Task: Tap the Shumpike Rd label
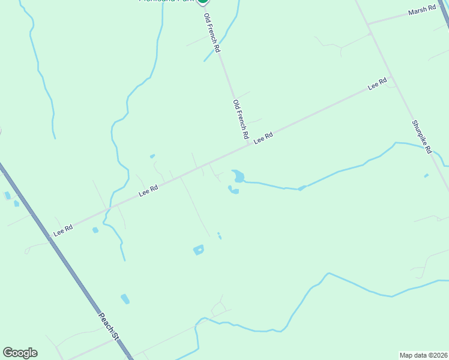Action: (x=421, y=137)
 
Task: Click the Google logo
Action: (x=20, y=353)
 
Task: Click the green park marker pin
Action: (x=203, y=2)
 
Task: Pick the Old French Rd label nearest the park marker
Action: (x=212, y=32)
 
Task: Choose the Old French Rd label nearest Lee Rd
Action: (x=241, y=120)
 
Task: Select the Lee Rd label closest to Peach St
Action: (x=62, y=229)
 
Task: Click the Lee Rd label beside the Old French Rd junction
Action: (x=263, y=137)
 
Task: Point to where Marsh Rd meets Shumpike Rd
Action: (x=367, y=24)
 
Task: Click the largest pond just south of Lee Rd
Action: (x=239, y=176)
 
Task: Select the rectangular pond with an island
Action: (x=198, y=250)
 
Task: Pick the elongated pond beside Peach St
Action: (x=125, y=298)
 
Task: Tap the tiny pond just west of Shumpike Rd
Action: (x=426, y=176)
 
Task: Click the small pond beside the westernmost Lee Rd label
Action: (x=95, y=230)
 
